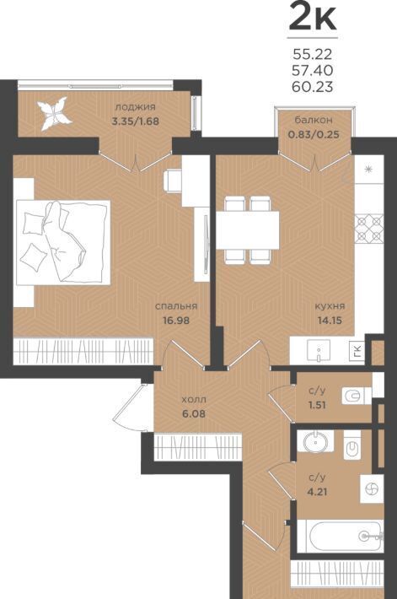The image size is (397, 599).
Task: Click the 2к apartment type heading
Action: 313,16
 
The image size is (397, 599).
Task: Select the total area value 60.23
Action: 312,87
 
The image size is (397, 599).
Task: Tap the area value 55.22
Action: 312,55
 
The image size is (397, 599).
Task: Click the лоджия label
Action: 135,107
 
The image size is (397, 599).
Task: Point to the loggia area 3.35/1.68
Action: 135,121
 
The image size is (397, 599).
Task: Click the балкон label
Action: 314,120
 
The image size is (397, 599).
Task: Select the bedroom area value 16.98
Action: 176,320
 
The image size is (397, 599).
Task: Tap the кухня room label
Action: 330,306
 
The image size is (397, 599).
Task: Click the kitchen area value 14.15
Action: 330,320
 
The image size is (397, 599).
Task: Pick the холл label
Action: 194,400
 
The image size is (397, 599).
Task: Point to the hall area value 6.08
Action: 194,413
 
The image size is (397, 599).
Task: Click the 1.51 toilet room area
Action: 317,405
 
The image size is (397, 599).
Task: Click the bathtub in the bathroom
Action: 341,537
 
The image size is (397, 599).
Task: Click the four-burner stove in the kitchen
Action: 368,229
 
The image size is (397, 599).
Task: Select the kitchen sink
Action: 319,351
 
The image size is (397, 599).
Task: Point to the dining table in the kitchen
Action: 248,230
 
